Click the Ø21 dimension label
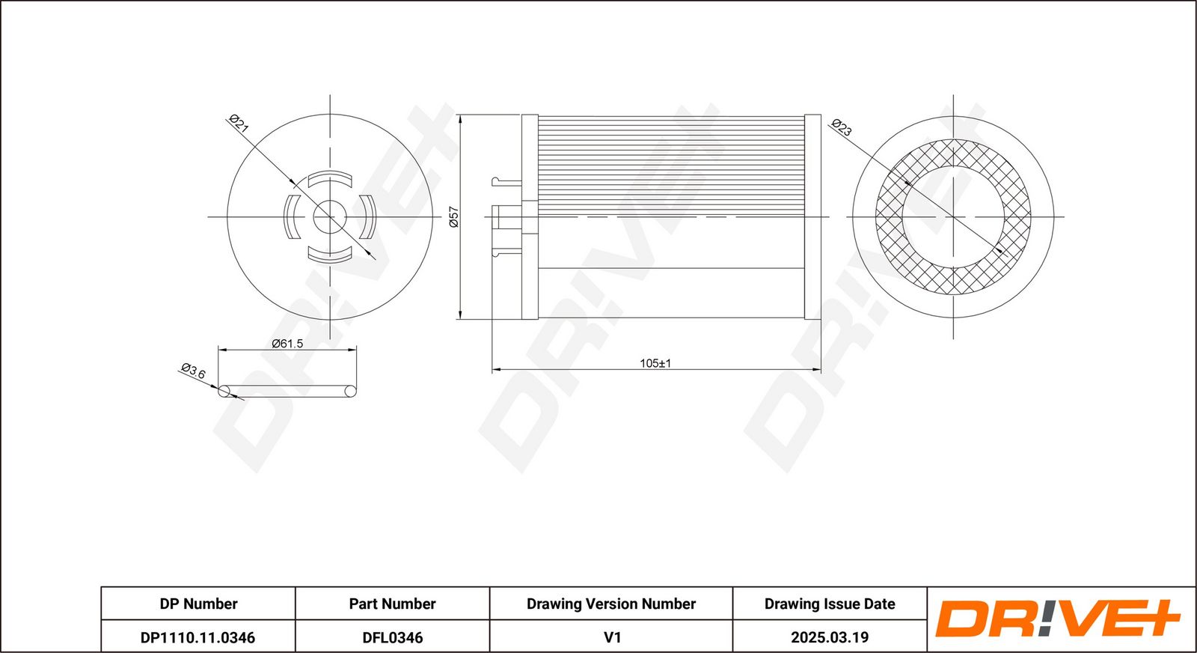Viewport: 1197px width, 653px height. [239, 124]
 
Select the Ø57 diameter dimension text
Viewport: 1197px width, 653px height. [453, 216]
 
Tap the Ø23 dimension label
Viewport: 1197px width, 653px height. [841, 127]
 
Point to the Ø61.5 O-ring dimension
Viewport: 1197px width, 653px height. [287, 343]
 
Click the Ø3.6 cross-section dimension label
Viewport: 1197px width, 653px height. [193, 371]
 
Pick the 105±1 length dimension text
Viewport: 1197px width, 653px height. [655, 364]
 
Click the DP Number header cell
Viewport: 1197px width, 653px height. [198, 604]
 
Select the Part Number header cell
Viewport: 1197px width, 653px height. [392, 604]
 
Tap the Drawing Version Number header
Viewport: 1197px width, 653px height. [610, 604]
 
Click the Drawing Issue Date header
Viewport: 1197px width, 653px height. [830, 604]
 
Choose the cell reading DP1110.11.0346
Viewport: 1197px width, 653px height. [198, 637]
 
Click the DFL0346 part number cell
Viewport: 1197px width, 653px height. [392, 637]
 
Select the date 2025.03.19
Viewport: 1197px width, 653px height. [830, 637]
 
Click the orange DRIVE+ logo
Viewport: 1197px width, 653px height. [1058, 619]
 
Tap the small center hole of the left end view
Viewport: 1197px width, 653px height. [330, 217]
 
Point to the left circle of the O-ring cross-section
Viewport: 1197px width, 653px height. [224, 392]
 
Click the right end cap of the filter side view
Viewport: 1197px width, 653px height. [812, 216]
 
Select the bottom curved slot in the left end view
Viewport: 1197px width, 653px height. [330, 255]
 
